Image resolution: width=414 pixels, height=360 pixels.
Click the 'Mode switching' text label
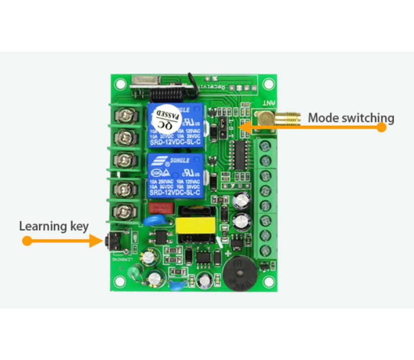[351, 118]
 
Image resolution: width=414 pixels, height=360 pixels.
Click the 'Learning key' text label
[54, 226]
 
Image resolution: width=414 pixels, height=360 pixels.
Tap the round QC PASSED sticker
[166, 117]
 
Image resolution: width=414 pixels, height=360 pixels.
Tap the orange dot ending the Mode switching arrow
[382, 127]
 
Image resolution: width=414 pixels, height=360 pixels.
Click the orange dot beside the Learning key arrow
[27, 241]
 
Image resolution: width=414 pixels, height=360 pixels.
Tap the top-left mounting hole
[121, 84]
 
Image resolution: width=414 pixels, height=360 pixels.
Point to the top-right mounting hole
[269, 84]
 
